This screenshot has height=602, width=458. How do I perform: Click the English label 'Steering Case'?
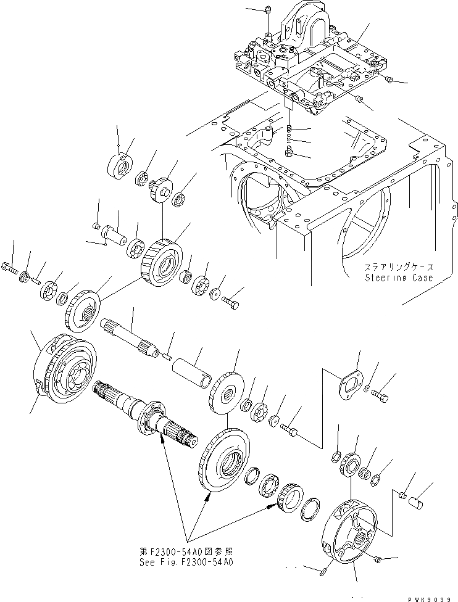click(x=399, y=278)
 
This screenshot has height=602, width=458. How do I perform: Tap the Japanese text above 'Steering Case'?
click(x=399, y=268)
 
